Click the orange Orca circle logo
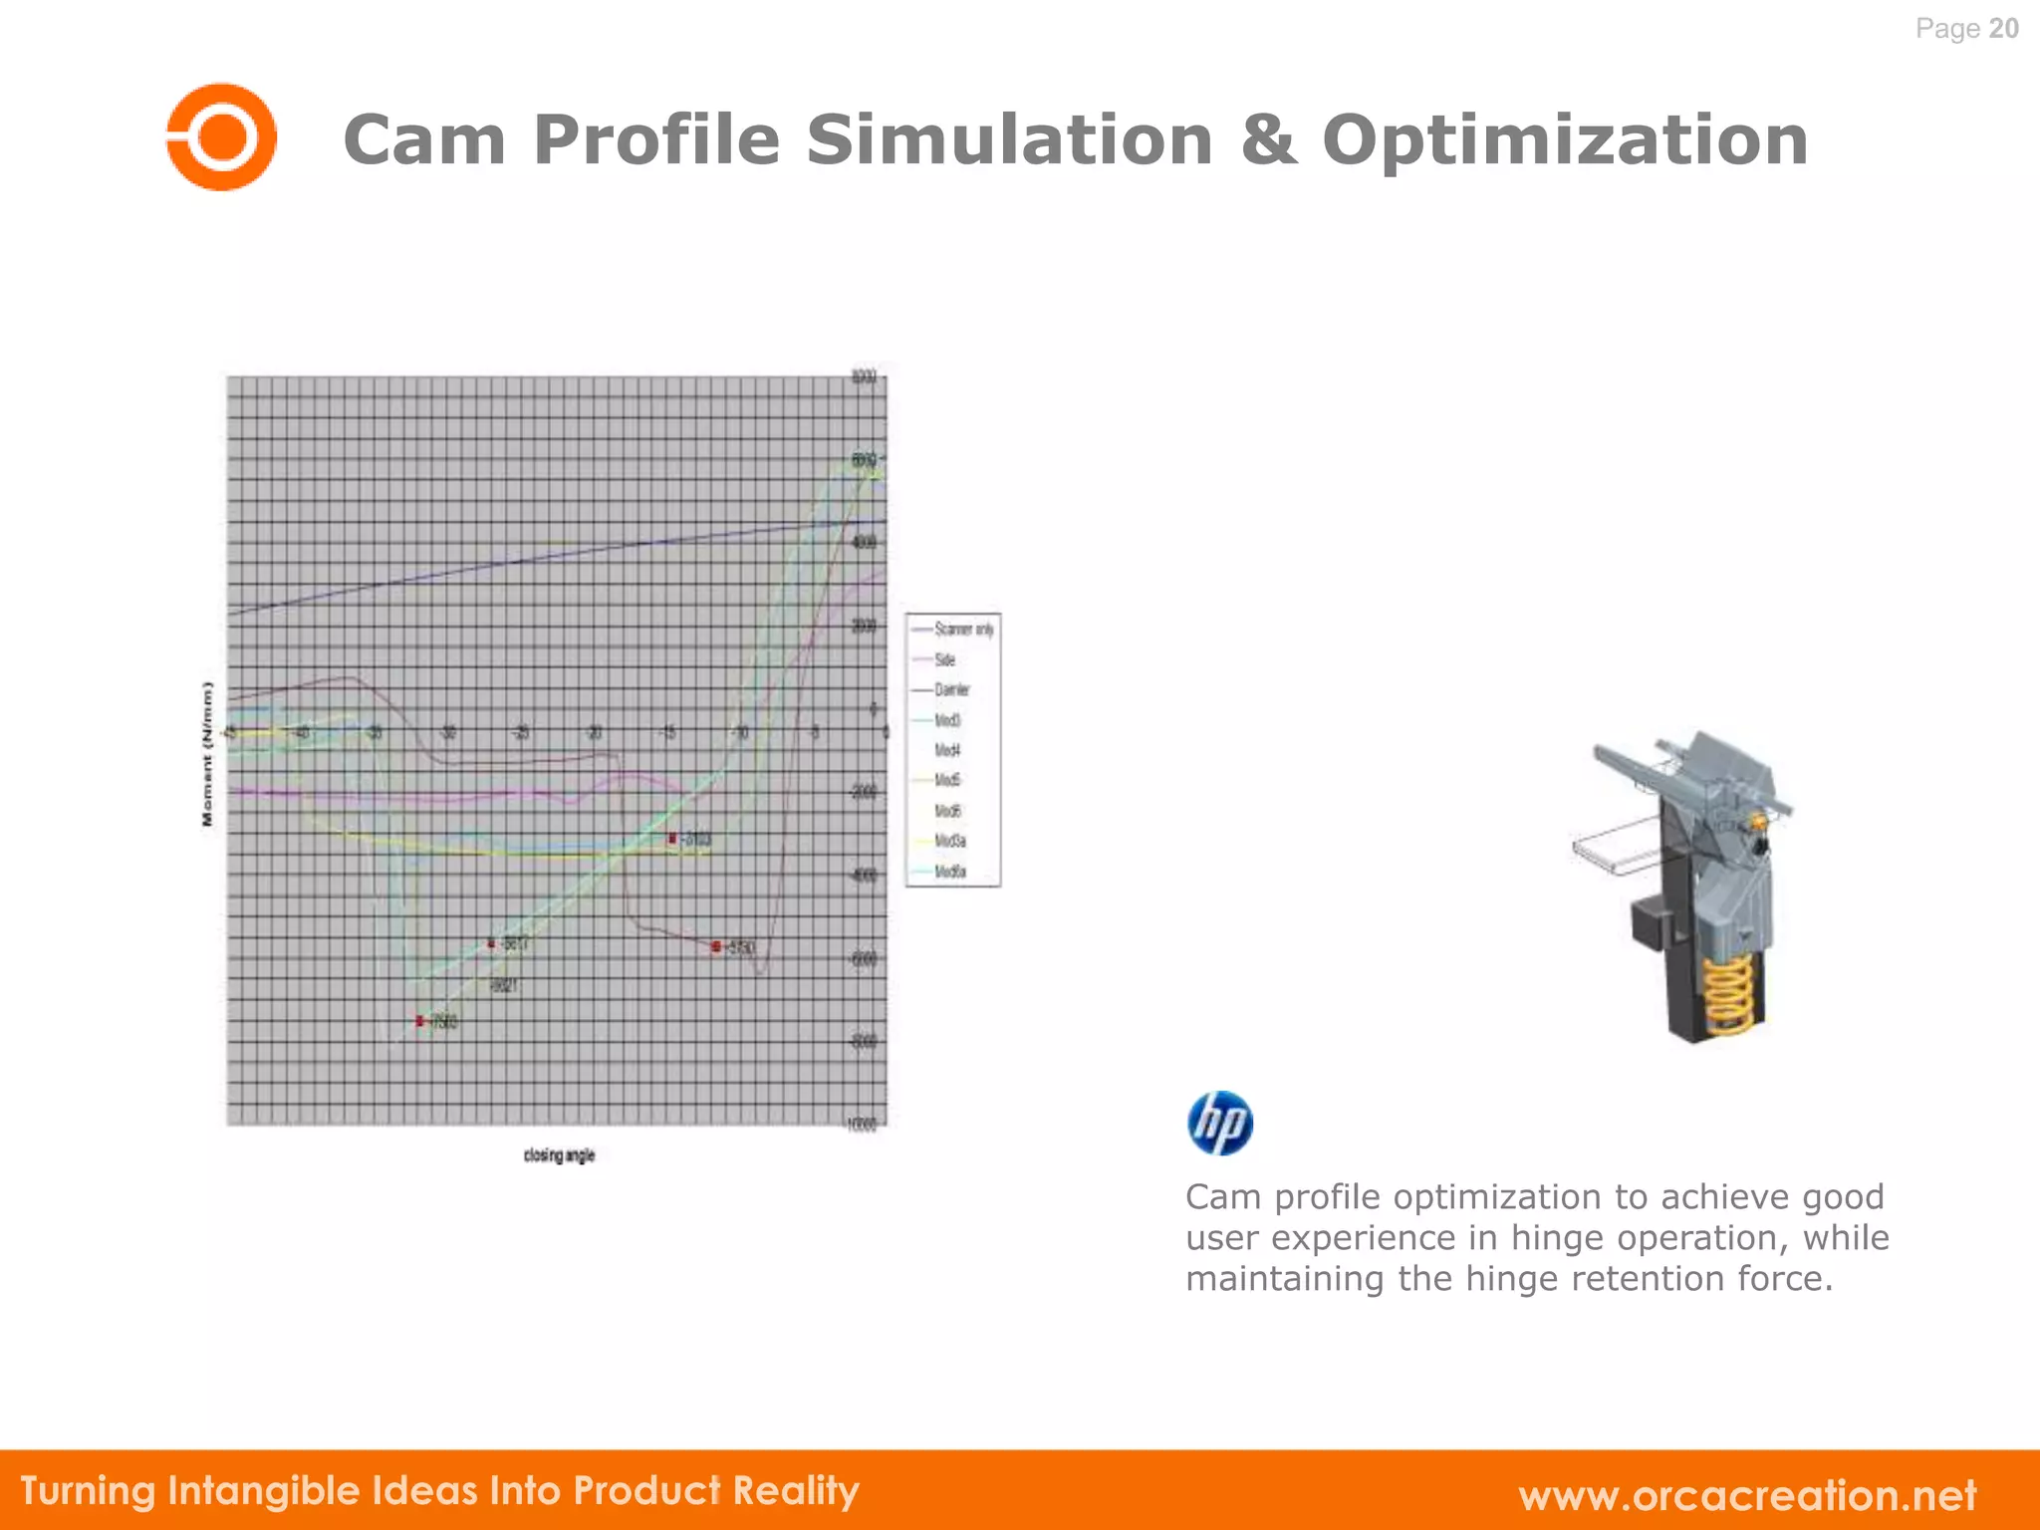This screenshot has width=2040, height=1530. click(221, 136)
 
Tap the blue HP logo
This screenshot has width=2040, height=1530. click(1219, 1123)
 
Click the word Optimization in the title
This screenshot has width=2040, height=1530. click(1565, 139)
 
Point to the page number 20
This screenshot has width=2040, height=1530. click(2003, 28)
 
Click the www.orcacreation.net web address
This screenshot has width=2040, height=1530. click(1747, 1494)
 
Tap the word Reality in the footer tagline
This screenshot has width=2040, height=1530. click(795, 1490)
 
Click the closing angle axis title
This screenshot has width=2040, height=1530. click(559, 1154)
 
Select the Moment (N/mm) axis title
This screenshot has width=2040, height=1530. click(207, 753)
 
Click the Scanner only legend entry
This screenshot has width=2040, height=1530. click(962, 629)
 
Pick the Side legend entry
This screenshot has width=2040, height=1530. click(944, 659)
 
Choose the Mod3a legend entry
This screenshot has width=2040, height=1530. click(949, 841)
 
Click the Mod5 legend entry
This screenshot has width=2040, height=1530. click(946, 780)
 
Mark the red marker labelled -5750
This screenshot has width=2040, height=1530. click(716, 946)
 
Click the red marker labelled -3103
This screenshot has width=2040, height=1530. click(673, 839)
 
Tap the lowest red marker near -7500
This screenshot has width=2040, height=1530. click(420, 1021)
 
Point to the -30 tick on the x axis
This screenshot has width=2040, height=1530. click(448, 734)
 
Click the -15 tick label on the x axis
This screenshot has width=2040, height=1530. click(668, 734)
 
